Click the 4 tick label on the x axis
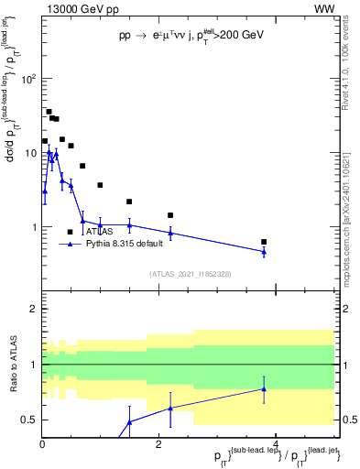pyautogui.click(x=276, y=445)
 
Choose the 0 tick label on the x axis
pyautogui.click(x=42, y=445)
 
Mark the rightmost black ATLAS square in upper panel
pyautogui.click(x=264, y=242)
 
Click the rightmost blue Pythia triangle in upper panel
pyautogui.click(x=264, y=251)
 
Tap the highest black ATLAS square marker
pyautogui.click(x=49, y=112)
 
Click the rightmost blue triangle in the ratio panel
pyautogui.click(x=264, y=388)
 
